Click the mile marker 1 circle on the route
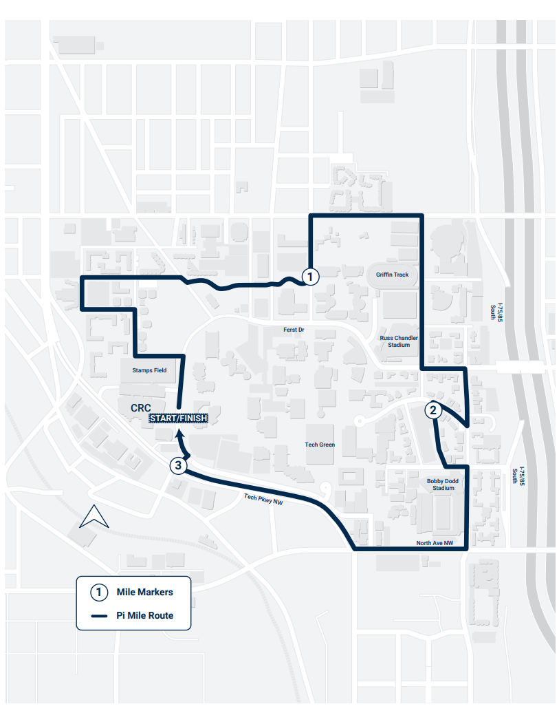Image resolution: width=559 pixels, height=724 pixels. pyautogui.click(x=310, y=277)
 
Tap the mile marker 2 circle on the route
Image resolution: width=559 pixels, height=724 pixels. pyautogui.click(x=432, y=410)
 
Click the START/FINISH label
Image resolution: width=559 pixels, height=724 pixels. pyautogui.click(x=179, y=418)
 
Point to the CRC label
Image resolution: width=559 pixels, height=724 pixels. pyautogui.click(x=140, y=407)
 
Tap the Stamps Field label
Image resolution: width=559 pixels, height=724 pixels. pyautogui.click(x=150, y=370)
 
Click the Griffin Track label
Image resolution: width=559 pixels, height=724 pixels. pyautogui.click(x=392, y=275)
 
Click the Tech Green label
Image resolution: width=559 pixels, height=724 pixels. pyautogui.click(x=320, y=445)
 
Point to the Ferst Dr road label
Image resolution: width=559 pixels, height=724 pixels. pyautogui.click(x=294, y=330)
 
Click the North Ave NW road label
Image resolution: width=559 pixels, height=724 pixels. pyautogui.click(x=435, y=543)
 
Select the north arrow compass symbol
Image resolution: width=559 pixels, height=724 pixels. pyautogui.click(x=94, y=517)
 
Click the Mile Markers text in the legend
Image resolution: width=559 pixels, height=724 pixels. pyautogui.click(x=145, y=592)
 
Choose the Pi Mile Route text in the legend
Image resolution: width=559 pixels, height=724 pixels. pyautogui.click(x=145, y=615)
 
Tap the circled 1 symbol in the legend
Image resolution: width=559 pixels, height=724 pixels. pyautogui.click(x=100, y=592)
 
